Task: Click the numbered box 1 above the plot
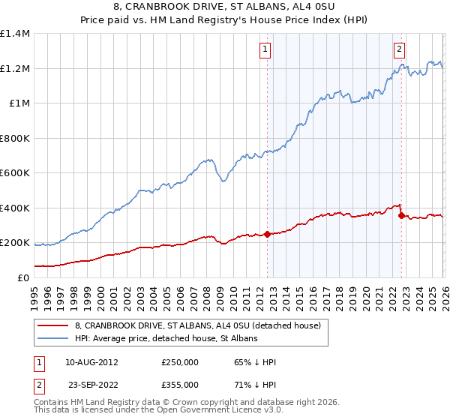point(266,50)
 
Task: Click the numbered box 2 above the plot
point(399,50)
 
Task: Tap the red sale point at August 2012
point(267,234)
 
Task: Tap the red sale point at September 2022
point(401,216)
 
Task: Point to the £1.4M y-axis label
point(15,34)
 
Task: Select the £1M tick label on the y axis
point(19,103)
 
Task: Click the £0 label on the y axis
point(24,277)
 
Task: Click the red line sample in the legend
point(53,325)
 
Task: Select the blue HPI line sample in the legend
point(53,338)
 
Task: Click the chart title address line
point(225,7)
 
